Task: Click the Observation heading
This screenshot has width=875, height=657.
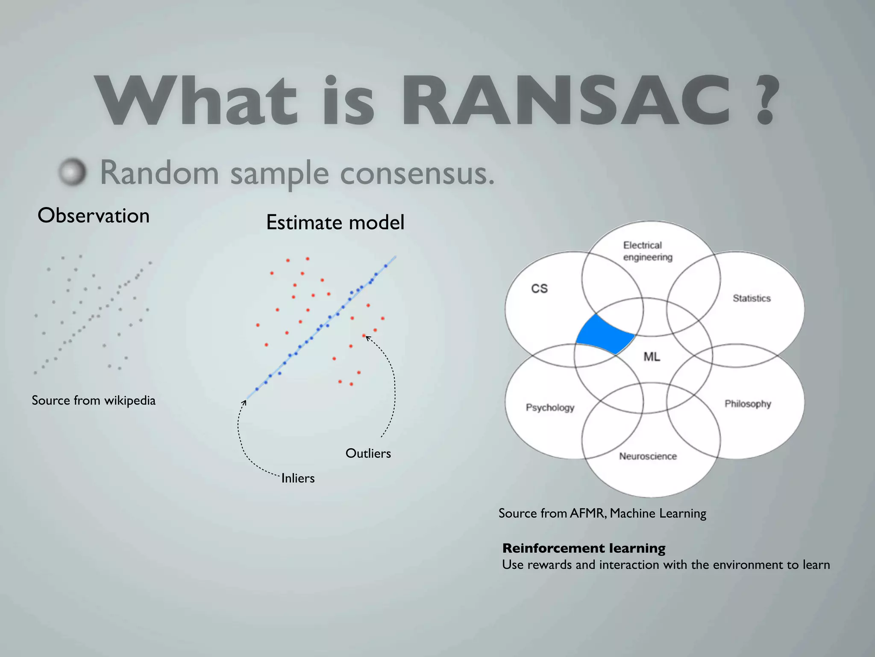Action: coord(94,215)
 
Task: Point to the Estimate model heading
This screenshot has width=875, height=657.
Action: coord(335,222)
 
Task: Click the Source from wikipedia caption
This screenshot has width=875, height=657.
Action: coord(94,400)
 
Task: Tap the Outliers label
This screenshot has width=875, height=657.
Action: coord(368,453)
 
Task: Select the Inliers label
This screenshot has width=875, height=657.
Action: coord(298,478)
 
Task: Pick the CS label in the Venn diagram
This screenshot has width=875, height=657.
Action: coord(539,289)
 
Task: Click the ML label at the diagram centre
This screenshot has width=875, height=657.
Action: coord(652,356)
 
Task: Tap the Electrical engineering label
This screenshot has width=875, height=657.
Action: coord(647,251)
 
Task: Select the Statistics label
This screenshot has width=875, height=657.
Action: coord(752,298)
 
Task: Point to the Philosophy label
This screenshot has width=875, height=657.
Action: coord(748,404)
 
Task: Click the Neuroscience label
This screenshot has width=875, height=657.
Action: coord(648,456)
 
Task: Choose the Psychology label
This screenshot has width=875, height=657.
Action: coord(550,407)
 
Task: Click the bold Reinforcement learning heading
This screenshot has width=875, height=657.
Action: coord(584,548)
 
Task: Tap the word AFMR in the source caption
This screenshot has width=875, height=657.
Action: coord(588,513)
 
